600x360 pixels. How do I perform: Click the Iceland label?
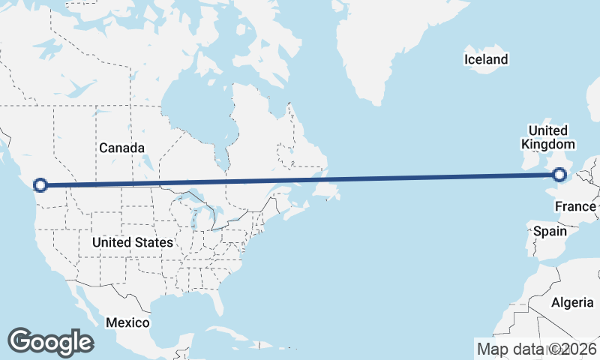(x=486, y=59)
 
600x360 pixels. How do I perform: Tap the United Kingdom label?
(x=548, y=137)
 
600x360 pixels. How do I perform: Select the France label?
(x=576, y=206)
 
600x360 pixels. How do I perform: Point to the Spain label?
(x=550, y=232)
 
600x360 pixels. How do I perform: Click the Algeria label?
(x=572, y=302)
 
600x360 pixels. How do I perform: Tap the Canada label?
(x=121, y=148)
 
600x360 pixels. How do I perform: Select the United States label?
(x=133, y=242)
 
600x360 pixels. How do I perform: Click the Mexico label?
(x=127, y=322)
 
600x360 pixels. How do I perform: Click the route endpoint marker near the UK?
(x=559, y=175)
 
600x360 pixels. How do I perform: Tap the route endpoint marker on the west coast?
(x=41, y=184)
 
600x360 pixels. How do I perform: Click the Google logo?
(x=50, y=341)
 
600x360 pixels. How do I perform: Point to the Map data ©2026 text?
(x=537, y=349)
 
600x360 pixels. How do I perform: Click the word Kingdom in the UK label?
(x=548, y=144)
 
